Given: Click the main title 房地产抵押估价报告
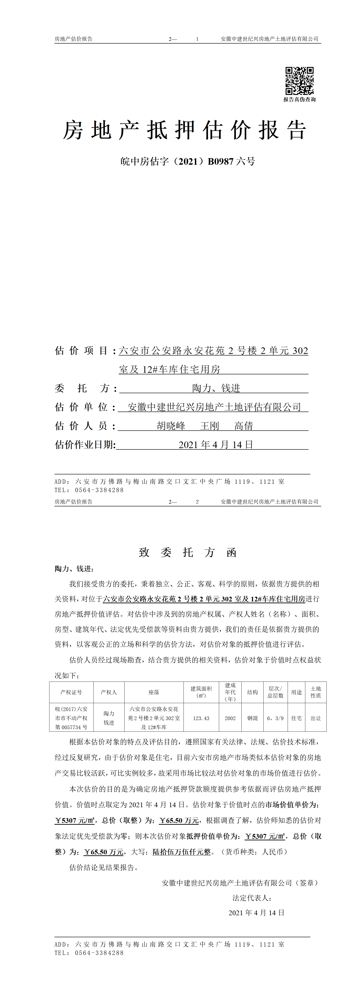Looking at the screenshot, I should pos(185,130).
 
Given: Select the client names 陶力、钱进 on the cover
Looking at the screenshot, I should pos(216,388).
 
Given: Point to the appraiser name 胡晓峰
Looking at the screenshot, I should pos(171,426).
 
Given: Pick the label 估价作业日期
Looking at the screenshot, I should pos(85,445).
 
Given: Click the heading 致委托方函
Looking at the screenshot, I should pos(188,552).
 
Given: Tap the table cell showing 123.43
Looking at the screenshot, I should pos(201,718).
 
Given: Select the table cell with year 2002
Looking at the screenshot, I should pos(230,718).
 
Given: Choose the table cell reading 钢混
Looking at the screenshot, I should pos(252,718).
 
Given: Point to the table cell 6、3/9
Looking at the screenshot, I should pos(275,718).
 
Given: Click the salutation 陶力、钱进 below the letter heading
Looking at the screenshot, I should pos(74,569).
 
